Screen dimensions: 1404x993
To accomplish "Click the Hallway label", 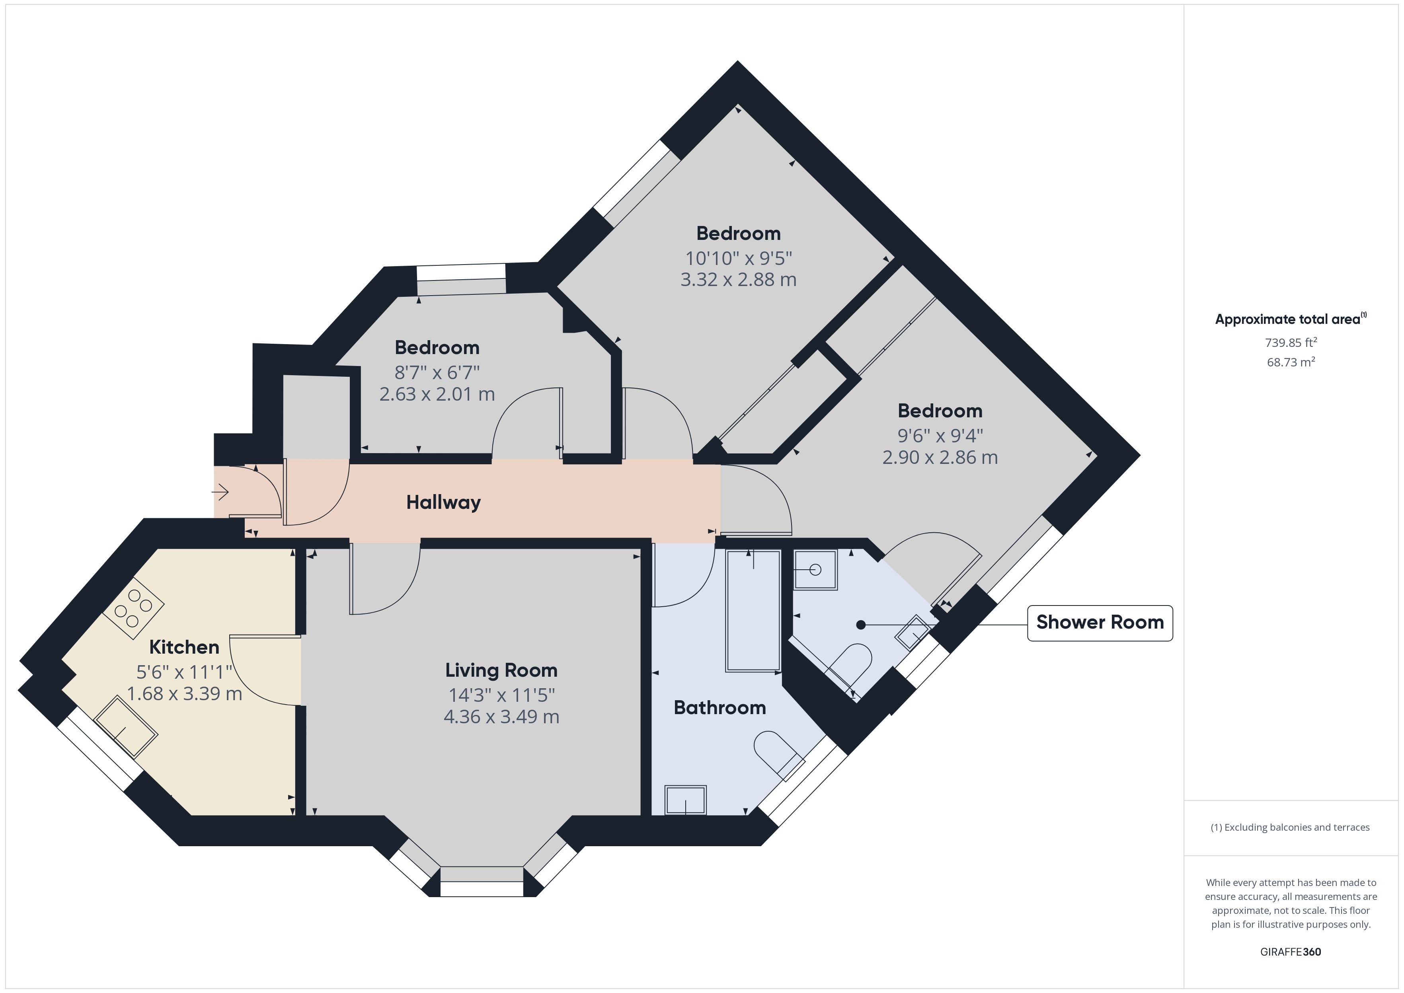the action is tap(443, 502).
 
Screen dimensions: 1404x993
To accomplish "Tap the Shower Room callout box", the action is tap(1100, 623).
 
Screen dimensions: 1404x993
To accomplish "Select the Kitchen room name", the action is tap(184, 647).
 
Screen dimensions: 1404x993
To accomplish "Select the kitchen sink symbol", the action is tap(125, 726).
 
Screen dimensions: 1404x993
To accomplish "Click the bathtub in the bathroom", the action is tap(753, 611).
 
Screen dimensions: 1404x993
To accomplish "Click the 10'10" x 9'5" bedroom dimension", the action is tap(738, 258).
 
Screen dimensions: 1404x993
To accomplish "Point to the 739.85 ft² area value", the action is tap(1291, 343).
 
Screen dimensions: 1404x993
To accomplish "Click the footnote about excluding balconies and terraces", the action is tap(1290, 827).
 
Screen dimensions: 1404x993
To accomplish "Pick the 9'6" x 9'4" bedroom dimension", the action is tap(940, 436).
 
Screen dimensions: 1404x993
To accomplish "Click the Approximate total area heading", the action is tap(1290, 319).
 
